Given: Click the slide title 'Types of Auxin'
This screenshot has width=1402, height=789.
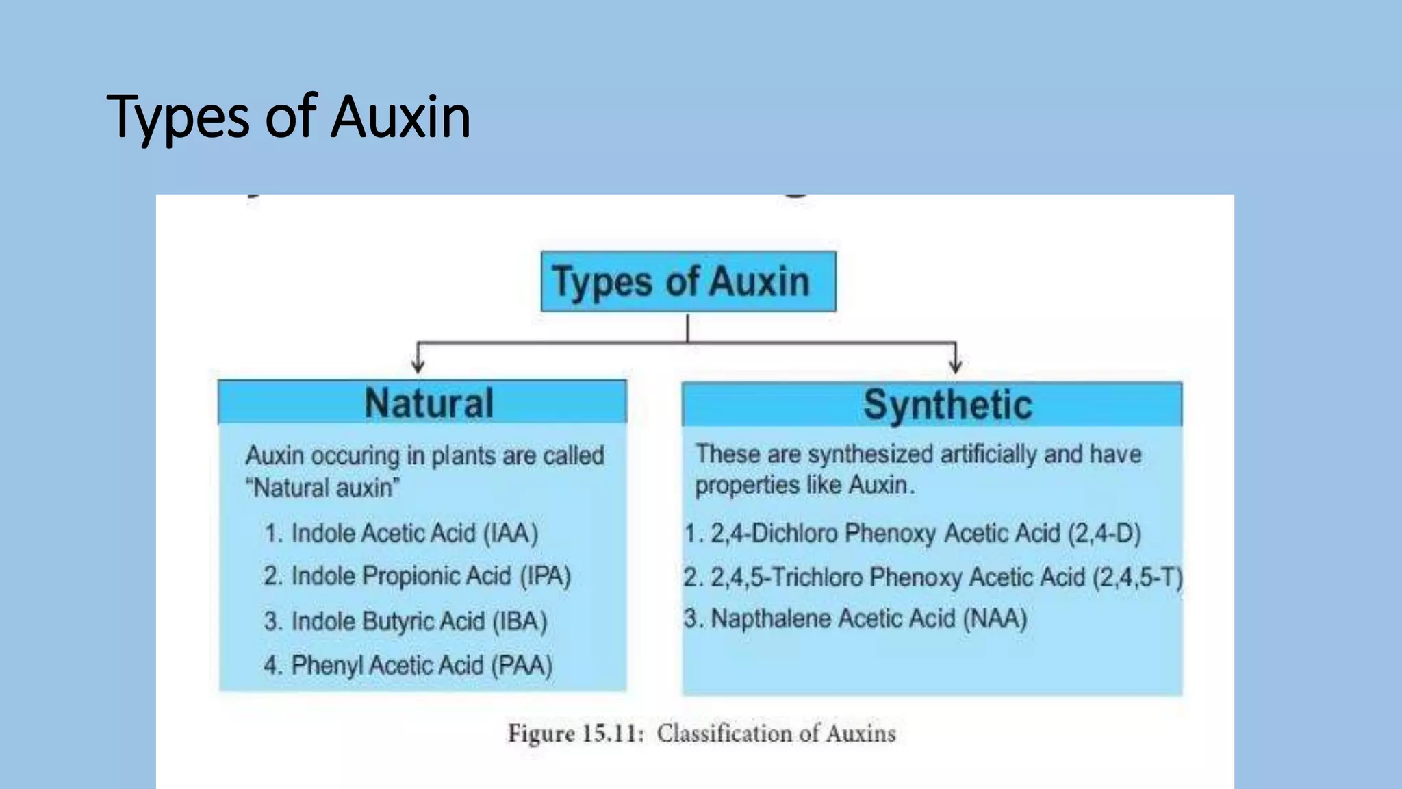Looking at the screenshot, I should click(x=288, y=116).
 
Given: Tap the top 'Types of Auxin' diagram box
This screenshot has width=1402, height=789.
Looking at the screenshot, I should click(x=688, y=281).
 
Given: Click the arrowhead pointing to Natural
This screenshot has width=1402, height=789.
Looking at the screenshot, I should click(x=418, y=365).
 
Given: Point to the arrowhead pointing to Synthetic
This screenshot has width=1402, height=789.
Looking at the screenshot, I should click(x=956, y=365).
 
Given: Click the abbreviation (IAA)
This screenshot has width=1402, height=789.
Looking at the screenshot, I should click(x=511, y=533).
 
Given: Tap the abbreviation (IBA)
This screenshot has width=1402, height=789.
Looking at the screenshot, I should click(x=520, y=621).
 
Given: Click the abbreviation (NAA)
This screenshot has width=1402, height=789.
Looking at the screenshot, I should click(x=995, y=618).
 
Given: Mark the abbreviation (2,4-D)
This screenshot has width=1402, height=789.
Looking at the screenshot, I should click(x=1104, y=533).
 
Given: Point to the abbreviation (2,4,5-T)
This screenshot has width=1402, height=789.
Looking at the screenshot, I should click(x=1137, y=577).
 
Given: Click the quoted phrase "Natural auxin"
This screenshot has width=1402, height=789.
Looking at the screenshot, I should click(x=322, y=488).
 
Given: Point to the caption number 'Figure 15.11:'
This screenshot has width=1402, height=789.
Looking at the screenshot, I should click(x=576, y=734).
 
